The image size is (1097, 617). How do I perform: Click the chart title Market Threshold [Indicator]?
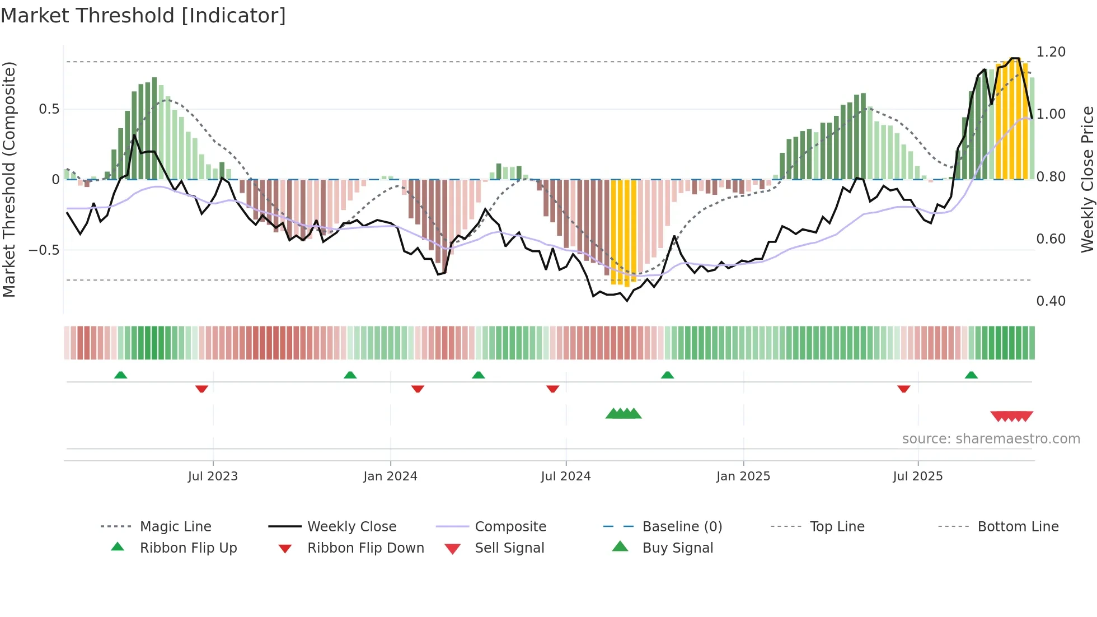pos(143,16)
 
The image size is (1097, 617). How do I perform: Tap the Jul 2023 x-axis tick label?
pos(213,476)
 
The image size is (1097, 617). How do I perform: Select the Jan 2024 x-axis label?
pos(390,476)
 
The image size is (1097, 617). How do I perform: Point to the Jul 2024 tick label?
pos(565,476)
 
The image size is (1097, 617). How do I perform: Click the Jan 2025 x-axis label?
pos(743,476)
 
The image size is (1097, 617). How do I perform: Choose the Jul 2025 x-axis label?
pos(917,476)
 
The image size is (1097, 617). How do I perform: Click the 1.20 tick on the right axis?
pos(1051,52)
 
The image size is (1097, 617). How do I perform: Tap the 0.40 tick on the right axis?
pos(1051,301)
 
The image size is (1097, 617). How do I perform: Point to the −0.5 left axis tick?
pos(44,250)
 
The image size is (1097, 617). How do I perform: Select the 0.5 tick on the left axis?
pos(49,109)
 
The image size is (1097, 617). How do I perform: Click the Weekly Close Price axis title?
pos(1087,179)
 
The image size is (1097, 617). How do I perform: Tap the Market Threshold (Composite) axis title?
pos(9,179)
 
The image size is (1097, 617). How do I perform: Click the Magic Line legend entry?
pos(175,527)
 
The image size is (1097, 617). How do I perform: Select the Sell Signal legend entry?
pos(509,548)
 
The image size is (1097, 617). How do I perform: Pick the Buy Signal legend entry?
pos(677,548)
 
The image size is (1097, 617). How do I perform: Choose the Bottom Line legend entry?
pos(1018,527)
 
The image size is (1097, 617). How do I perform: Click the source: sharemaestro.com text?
pos(991,439)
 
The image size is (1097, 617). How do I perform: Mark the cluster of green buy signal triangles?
pos(623,414)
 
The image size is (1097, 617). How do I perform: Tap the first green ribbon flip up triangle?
pos(120,375)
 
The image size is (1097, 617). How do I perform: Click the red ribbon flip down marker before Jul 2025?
pos(903,389)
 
